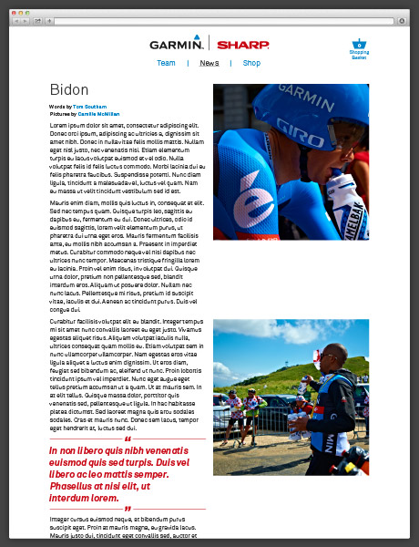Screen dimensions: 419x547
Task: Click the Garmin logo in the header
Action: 177,43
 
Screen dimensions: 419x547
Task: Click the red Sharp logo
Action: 242,44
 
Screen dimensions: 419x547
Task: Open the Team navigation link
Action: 166,63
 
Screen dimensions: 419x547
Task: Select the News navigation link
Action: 209,63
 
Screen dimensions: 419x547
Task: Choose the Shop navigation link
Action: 251,63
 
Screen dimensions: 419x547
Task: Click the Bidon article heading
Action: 69,90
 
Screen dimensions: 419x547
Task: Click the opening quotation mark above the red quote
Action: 128,439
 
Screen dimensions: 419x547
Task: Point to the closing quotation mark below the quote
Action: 128,509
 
